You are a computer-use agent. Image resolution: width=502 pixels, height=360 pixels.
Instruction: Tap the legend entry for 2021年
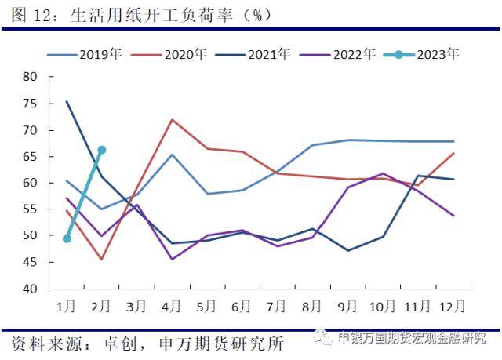(x=261, y=55)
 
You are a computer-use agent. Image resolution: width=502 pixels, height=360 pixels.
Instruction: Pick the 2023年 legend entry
(x=428, y=55)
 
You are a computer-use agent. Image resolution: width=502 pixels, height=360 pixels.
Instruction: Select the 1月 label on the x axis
(x=67, y=304)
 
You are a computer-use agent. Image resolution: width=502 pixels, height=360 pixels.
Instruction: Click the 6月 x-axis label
(x=242, y=304)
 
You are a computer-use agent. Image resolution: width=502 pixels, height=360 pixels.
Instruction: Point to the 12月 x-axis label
(x=453, y=304)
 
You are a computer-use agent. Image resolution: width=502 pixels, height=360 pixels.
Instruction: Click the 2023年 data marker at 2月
(x=102, y=150)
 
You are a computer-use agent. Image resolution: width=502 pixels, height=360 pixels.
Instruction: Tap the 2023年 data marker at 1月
(x=67, y=238)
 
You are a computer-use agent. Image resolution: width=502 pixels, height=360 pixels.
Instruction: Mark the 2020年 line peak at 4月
(x=172, y=119)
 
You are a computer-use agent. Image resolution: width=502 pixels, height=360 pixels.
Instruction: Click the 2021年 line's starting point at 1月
(x=67, y=101)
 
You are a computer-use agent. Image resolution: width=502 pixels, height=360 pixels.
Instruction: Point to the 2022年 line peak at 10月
(x=383, y=173)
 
